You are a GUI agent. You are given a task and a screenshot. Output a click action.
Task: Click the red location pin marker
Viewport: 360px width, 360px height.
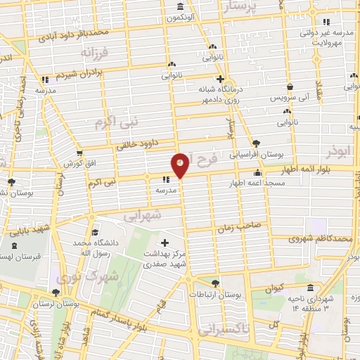tap(181, 165)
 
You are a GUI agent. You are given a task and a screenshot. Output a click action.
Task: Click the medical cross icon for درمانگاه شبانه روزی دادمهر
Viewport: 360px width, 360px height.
tap(220, 79)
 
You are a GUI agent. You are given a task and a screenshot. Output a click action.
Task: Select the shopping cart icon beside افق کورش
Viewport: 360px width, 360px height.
tap(80, 151)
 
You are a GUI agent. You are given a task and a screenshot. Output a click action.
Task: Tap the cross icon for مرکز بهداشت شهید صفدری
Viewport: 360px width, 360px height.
tap(165, 243)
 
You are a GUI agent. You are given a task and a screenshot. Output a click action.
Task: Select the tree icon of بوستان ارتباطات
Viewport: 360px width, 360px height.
tap(215, 283)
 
